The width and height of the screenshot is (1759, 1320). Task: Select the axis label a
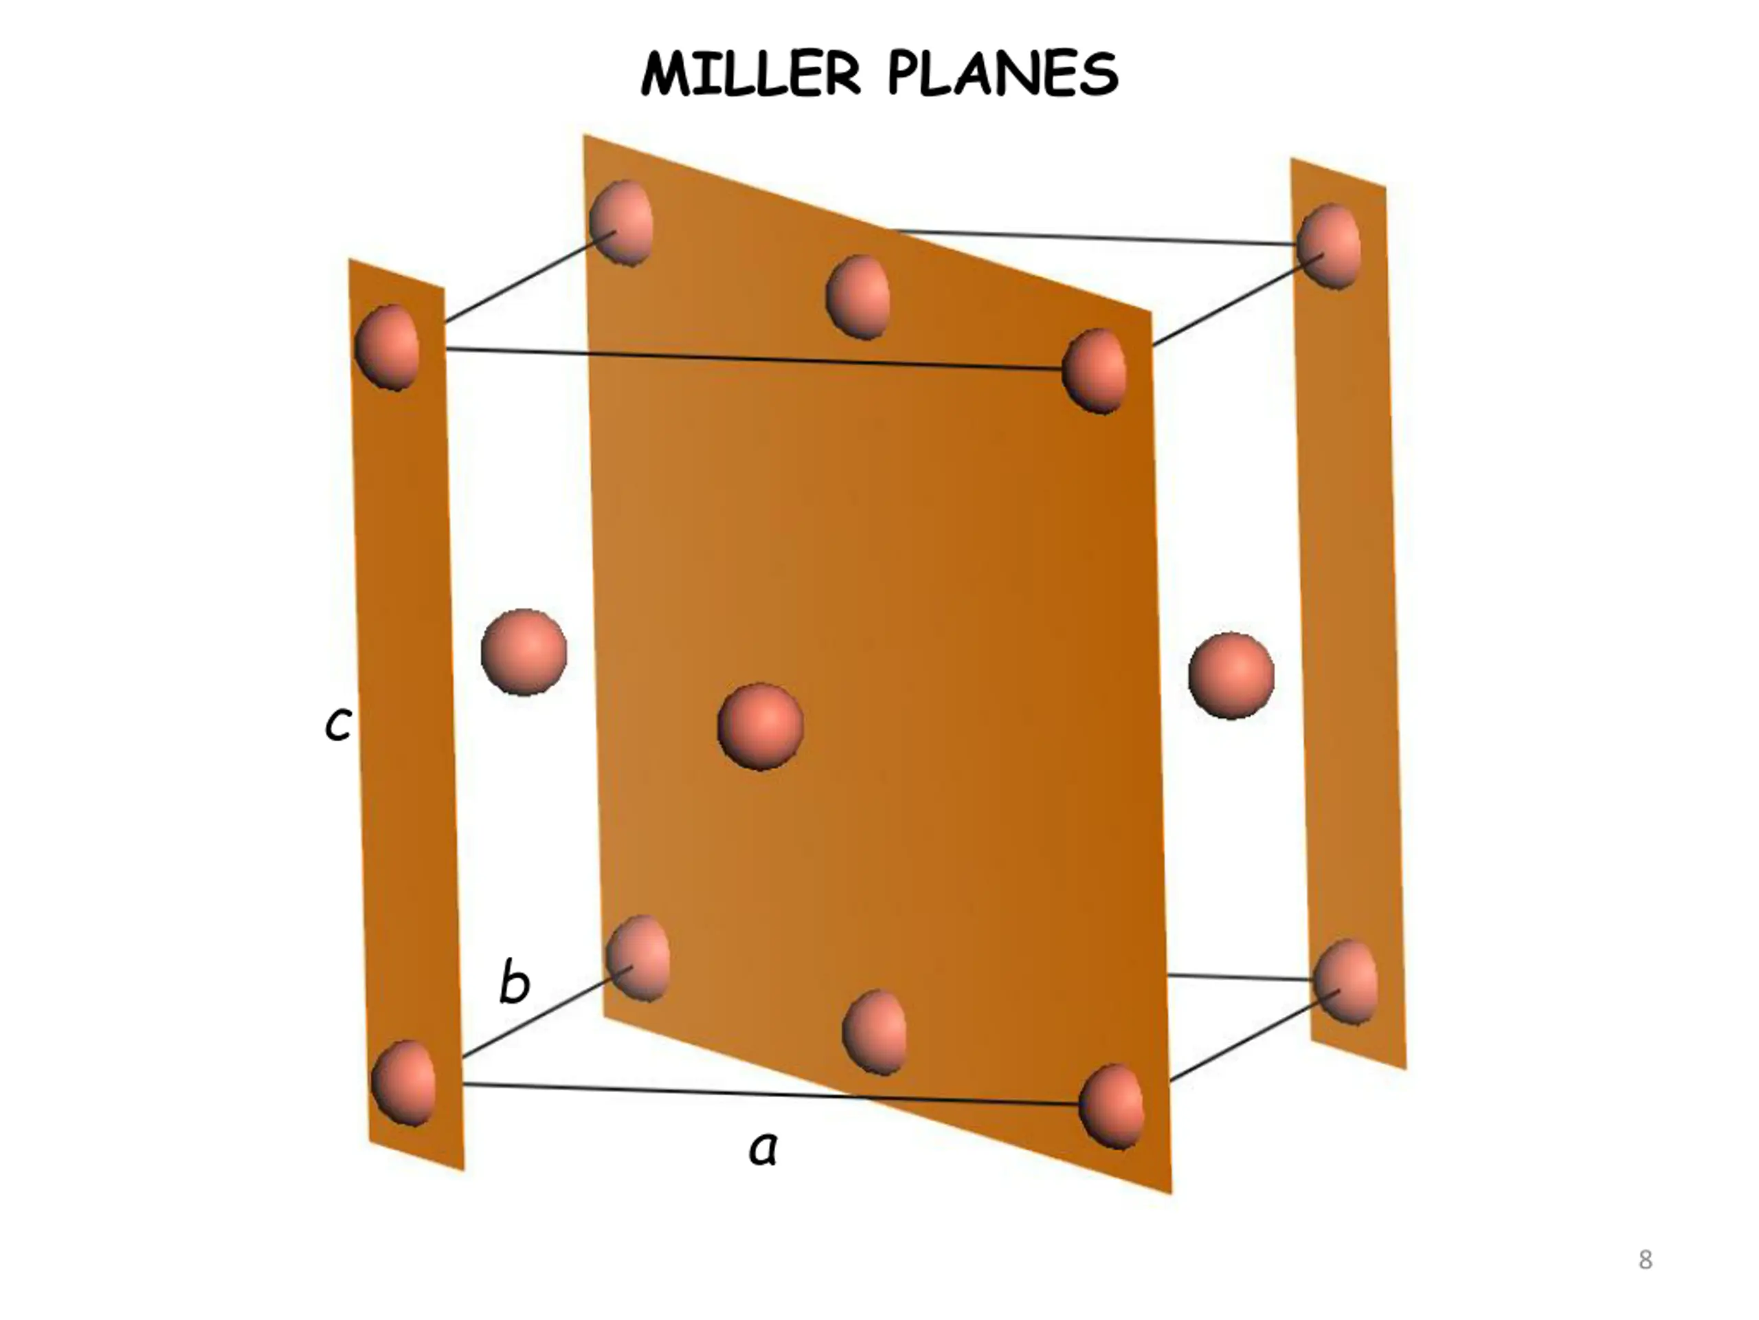click(x=763, y=1149)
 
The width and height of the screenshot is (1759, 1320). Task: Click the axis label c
click(x=338, y=724)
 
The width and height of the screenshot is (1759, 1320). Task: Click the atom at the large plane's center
click(x=760, y=725)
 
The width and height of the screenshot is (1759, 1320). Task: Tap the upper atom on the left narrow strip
click(x=388, y=347)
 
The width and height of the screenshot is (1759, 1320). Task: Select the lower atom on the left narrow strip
click(x=404, y=1083)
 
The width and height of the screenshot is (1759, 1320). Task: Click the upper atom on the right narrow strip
click(x=1329, y=246)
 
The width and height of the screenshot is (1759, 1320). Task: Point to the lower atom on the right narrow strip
click(x=1345, y=982)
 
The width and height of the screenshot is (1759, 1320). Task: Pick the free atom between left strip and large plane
click(x=524, y=652)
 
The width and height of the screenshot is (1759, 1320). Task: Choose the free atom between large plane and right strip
click(x=1231, y=676)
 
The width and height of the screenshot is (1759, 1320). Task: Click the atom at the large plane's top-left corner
click(x=622, y=223)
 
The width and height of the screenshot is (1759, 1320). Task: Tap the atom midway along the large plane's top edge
click(x=858, y=297)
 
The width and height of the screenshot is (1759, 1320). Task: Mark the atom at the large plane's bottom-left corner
click(x=638, y=958)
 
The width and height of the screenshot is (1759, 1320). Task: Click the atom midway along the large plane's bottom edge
click(x=875, y=1033)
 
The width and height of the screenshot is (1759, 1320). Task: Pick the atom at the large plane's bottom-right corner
click(x=1112, y=1107)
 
